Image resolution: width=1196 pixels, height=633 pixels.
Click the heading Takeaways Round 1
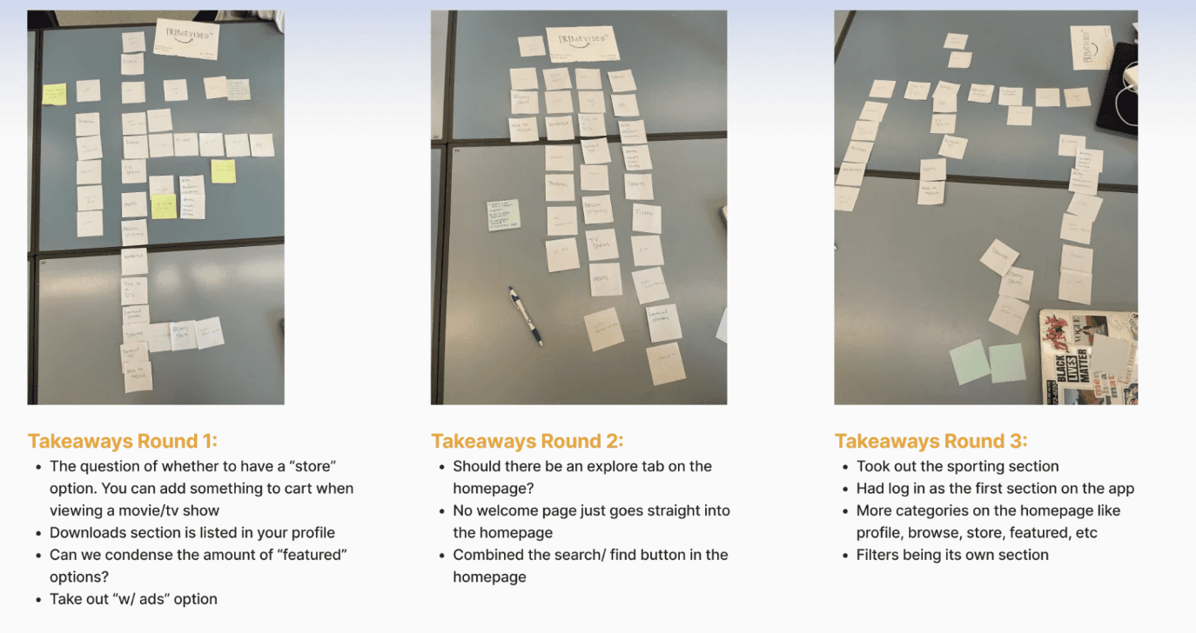pos(122,440)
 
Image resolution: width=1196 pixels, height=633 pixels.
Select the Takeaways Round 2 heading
pos(527,440)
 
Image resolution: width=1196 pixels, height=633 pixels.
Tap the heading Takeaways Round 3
pos(931,440)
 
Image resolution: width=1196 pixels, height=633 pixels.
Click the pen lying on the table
pos(526,316)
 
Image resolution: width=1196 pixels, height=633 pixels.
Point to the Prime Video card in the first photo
pos(186,38)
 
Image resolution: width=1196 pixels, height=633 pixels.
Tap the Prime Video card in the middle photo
pos(581,43)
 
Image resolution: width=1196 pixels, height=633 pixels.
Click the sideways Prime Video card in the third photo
pos(1092,48)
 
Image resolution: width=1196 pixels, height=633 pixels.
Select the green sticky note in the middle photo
pos(503,215)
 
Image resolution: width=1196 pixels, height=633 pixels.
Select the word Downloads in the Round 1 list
pos(86,532)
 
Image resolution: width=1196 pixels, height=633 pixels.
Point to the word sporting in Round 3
pos(974,466)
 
